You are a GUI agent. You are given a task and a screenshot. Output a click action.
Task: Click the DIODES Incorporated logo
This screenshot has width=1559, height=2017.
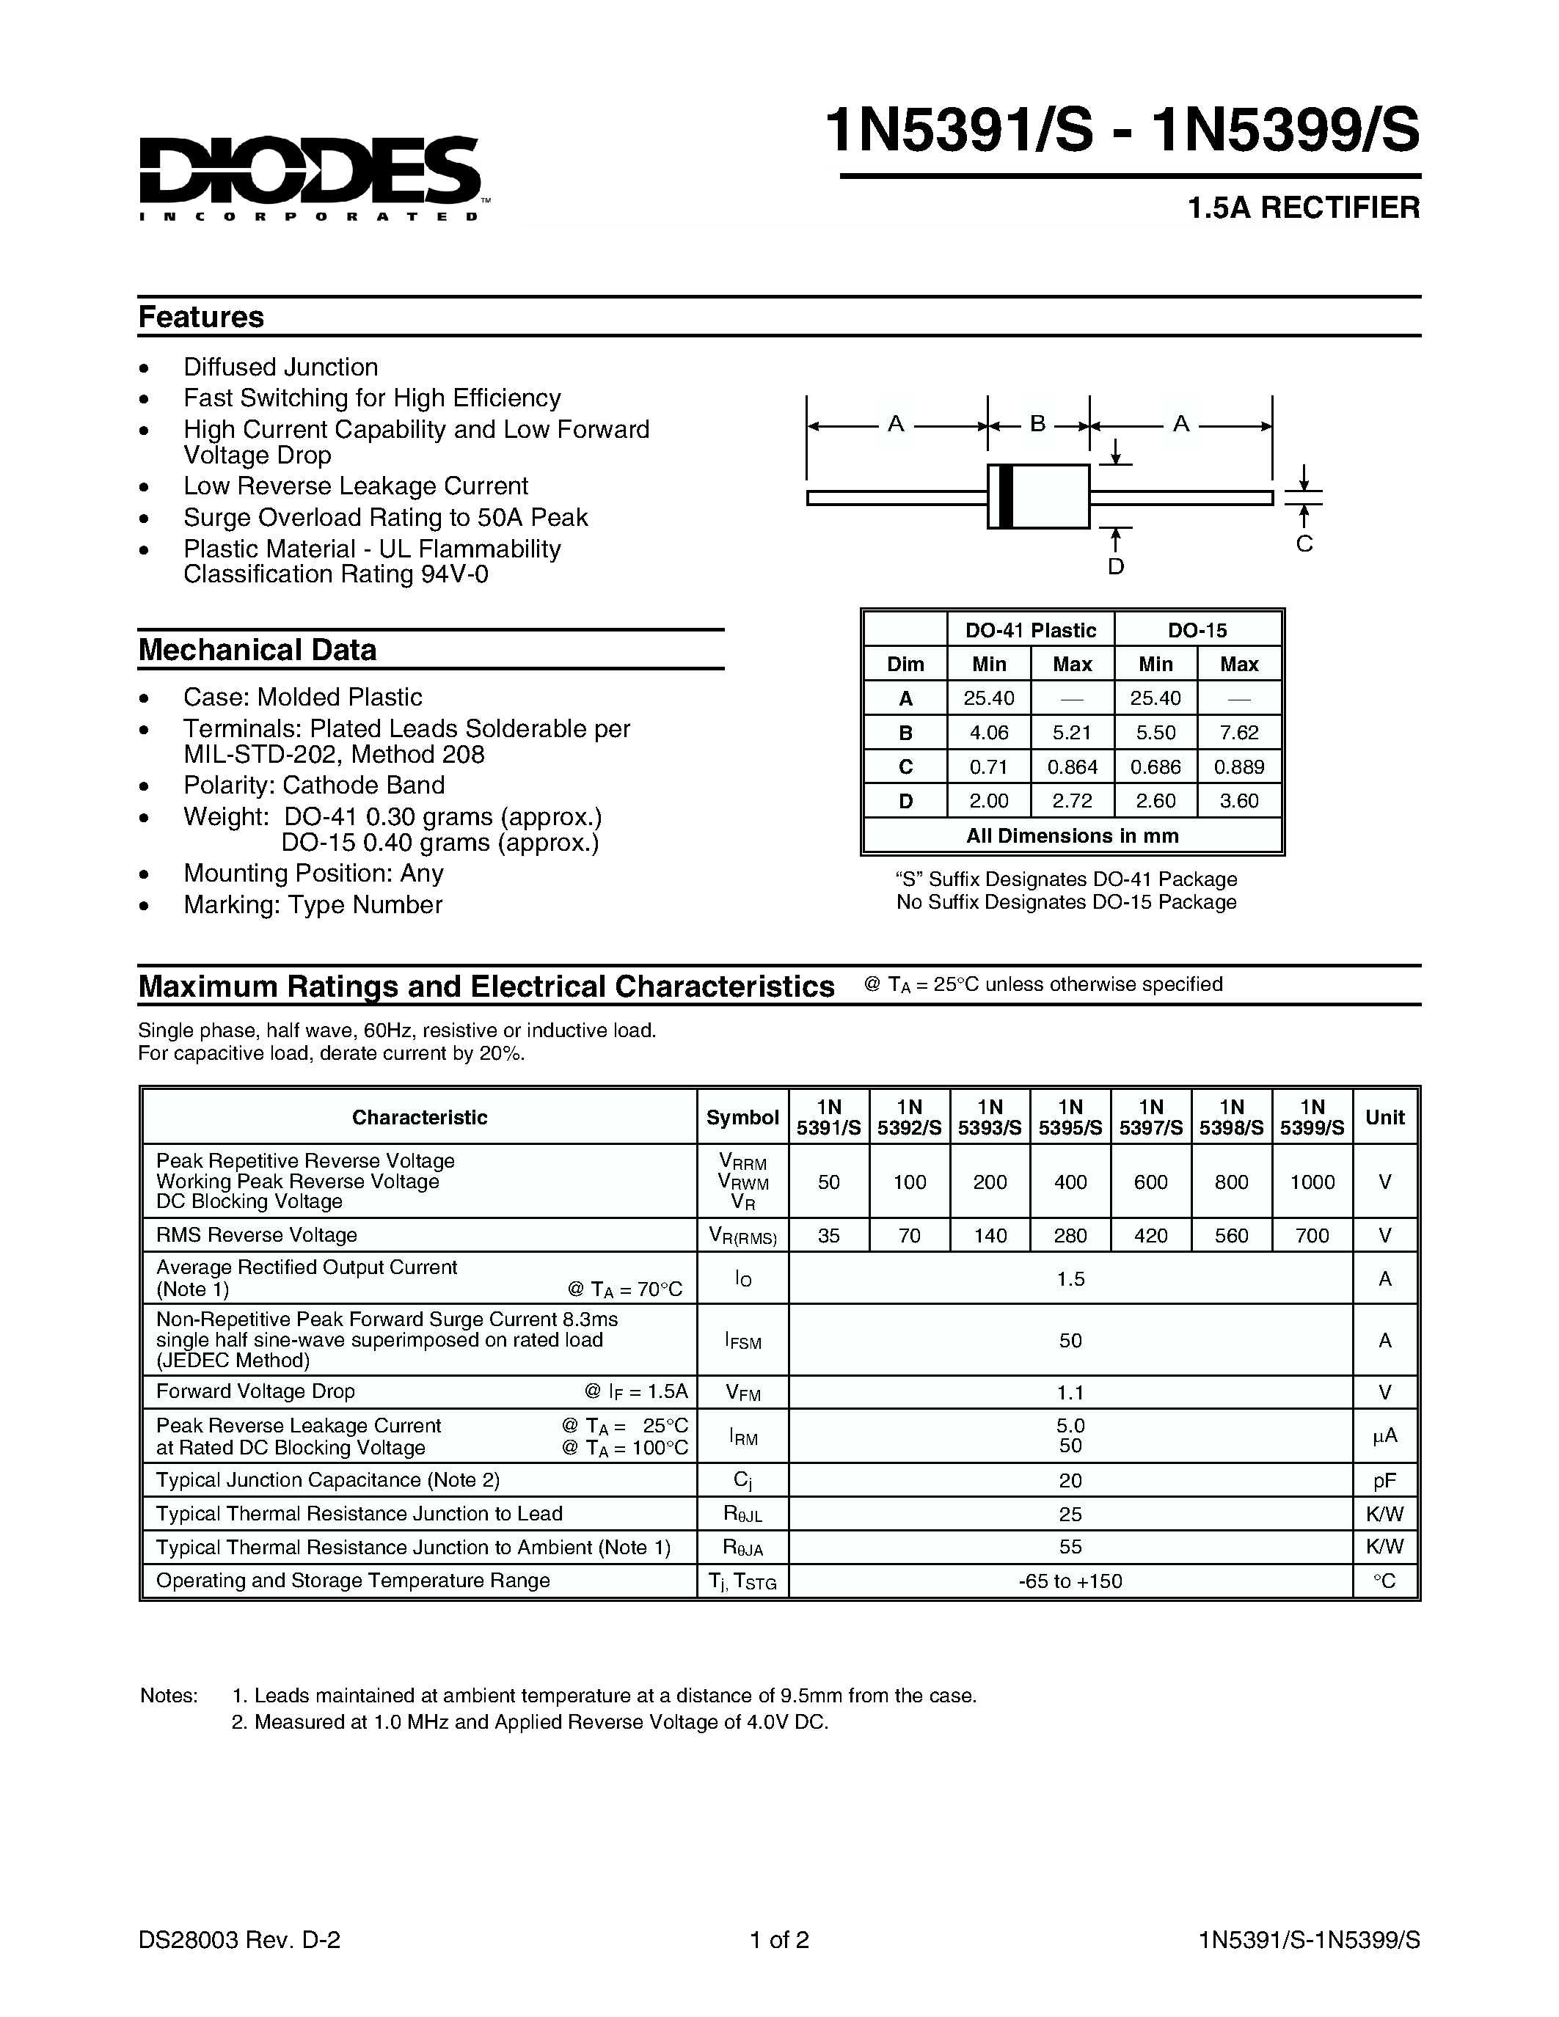coord(310,175)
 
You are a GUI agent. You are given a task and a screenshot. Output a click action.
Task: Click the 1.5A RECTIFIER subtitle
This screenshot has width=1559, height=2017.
coord(1303,208)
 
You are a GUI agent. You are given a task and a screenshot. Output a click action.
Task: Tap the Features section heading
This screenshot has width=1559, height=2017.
coord(200,317)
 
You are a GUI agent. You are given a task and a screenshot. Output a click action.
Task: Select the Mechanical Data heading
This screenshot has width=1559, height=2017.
coord(257,650)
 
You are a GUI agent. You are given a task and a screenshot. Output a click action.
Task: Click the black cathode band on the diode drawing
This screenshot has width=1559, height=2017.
coord(1007,497)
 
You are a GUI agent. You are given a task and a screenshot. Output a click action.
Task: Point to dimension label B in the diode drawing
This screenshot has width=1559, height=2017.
coord(1038,424)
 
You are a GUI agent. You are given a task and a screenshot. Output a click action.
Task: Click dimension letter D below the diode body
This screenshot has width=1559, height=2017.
coord(1116,567)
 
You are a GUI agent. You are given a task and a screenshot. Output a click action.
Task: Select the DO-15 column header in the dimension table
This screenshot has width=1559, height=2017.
coord(1197,630)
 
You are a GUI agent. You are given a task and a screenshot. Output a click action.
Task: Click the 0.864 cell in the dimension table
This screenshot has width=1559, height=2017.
coord(1073,766)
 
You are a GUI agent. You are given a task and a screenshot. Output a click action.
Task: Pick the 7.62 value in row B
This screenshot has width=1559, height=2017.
coord(1238,733)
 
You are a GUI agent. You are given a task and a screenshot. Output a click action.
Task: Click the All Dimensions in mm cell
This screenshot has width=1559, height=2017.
coord(1073,836)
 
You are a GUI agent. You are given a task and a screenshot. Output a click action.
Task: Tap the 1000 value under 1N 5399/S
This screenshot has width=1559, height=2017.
coord(1312,1182)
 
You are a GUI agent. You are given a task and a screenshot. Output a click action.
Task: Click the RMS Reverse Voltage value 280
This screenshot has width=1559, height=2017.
coord(1070,1236)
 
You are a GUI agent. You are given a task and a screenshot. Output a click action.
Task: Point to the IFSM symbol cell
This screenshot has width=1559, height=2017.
coord(742,1340)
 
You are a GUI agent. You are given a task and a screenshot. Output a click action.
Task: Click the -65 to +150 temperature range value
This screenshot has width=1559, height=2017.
coord(1070,1581)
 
